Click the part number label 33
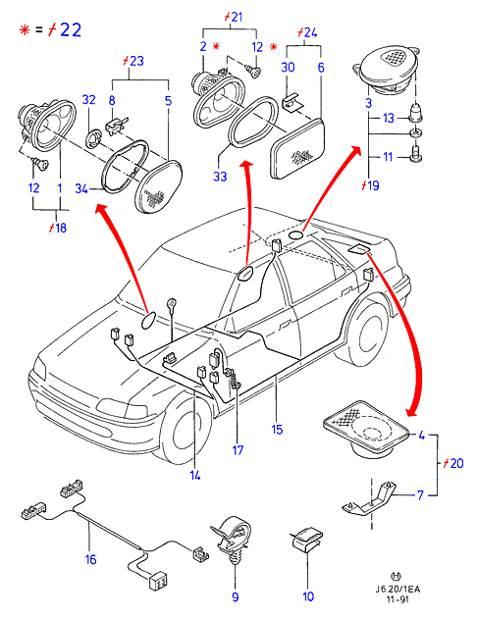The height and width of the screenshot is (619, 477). pos(220,176)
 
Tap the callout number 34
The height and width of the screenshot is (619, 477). pos(81,188)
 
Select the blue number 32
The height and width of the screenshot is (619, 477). pos(89,99)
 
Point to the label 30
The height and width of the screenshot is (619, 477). pos(288,67)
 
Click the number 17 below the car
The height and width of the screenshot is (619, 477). pos(238,449)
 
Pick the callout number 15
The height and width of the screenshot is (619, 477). pos(277,429)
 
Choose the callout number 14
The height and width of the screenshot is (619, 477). pos(195,476)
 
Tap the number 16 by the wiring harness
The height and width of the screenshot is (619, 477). pos(91,559)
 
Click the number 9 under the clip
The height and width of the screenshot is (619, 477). pos(236,596)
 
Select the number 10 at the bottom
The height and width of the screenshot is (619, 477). pos(308,596)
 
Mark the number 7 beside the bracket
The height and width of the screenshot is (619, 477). pos(420,494)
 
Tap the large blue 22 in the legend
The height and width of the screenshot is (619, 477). pos(71,30)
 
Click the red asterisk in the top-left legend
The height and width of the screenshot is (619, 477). pos(25,30)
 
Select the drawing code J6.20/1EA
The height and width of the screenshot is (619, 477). pos(397,590)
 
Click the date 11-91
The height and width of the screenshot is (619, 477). pos(397,599)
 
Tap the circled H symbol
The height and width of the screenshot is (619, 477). pos(396,577)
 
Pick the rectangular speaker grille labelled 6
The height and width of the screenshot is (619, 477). pos(297,149)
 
